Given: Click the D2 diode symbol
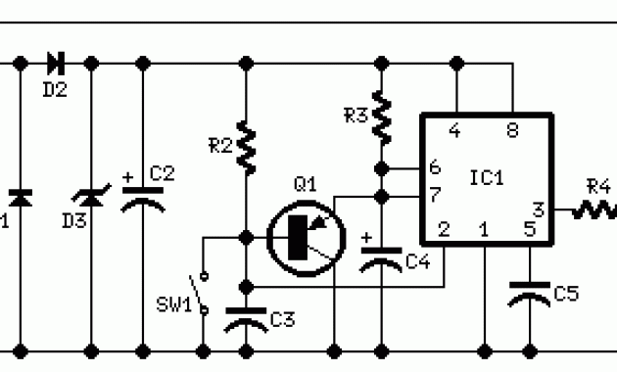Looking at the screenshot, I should [55, 64].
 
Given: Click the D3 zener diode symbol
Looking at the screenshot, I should [91, 200].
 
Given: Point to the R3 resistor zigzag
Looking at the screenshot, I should [382, 116].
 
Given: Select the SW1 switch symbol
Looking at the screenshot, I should [204, 293].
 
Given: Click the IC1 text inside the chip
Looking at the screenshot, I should [486, 179].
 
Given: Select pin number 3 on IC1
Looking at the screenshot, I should [537, 209].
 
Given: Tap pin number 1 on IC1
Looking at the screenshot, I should [484, 230].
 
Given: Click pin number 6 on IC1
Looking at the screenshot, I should [434, 169].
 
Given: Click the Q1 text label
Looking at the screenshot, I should [305, 183].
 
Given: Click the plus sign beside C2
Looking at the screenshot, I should [128, 178].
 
